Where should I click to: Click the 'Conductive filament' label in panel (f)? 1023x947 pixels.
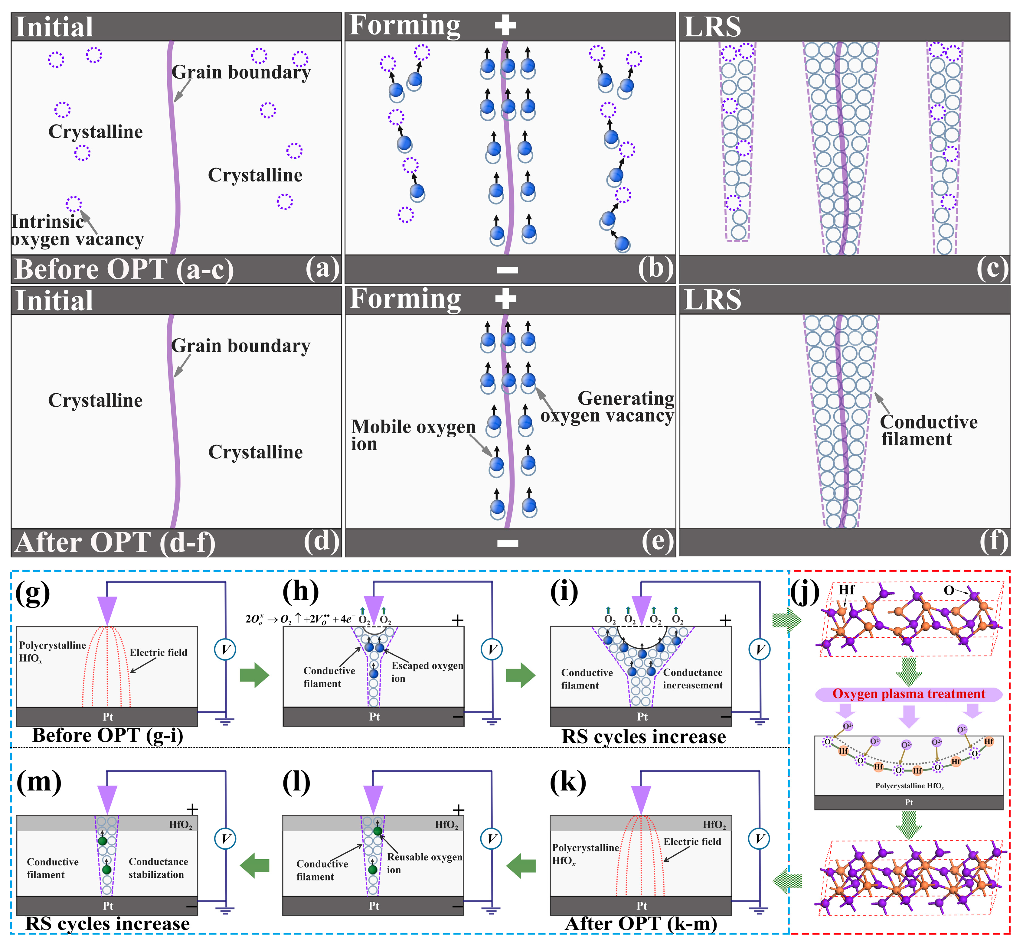coord(928,431)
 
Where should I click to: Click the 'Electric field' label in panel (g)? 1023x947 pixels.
coord(159,652)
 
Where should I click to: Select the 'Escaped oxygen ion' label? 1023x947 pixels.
coord(427,672)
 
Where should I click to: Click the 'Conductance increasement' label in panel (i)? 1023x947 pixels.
coord(692,679)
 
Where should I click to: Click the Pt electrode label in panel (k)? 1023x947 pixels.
coord(641,906)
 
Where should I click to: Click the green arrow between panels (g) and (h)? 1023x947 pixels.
coord(254,675)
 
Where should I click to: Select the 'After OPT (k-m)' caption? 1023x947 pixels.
coord(641,923)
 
